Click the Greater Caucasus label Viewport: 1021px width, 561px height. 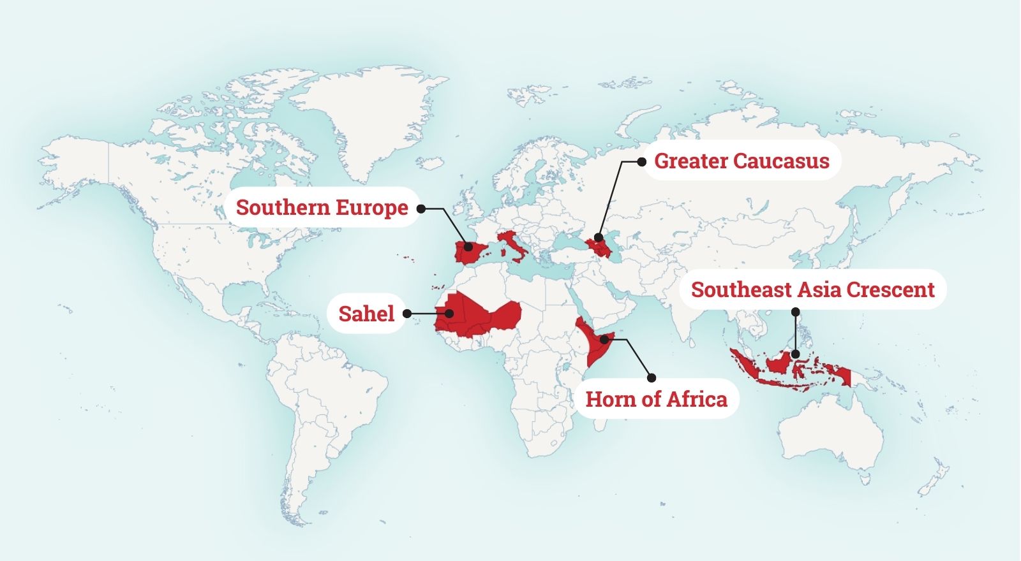point(742,161)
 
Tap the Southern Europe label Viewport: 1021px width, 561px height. point(322,207)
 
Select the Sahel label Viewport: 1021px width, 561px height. point(366,313)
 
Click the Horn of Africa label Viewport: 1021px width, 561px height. point(656,399)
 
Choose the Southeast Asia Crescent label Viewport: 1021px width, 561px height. point(812,289)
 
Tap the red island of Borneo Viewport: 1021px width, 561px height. point(779,363)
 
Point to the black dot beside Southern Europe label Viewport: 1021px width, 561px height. point(421,208)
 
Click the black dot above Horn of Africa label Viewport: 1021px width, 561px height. point(651,377)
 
